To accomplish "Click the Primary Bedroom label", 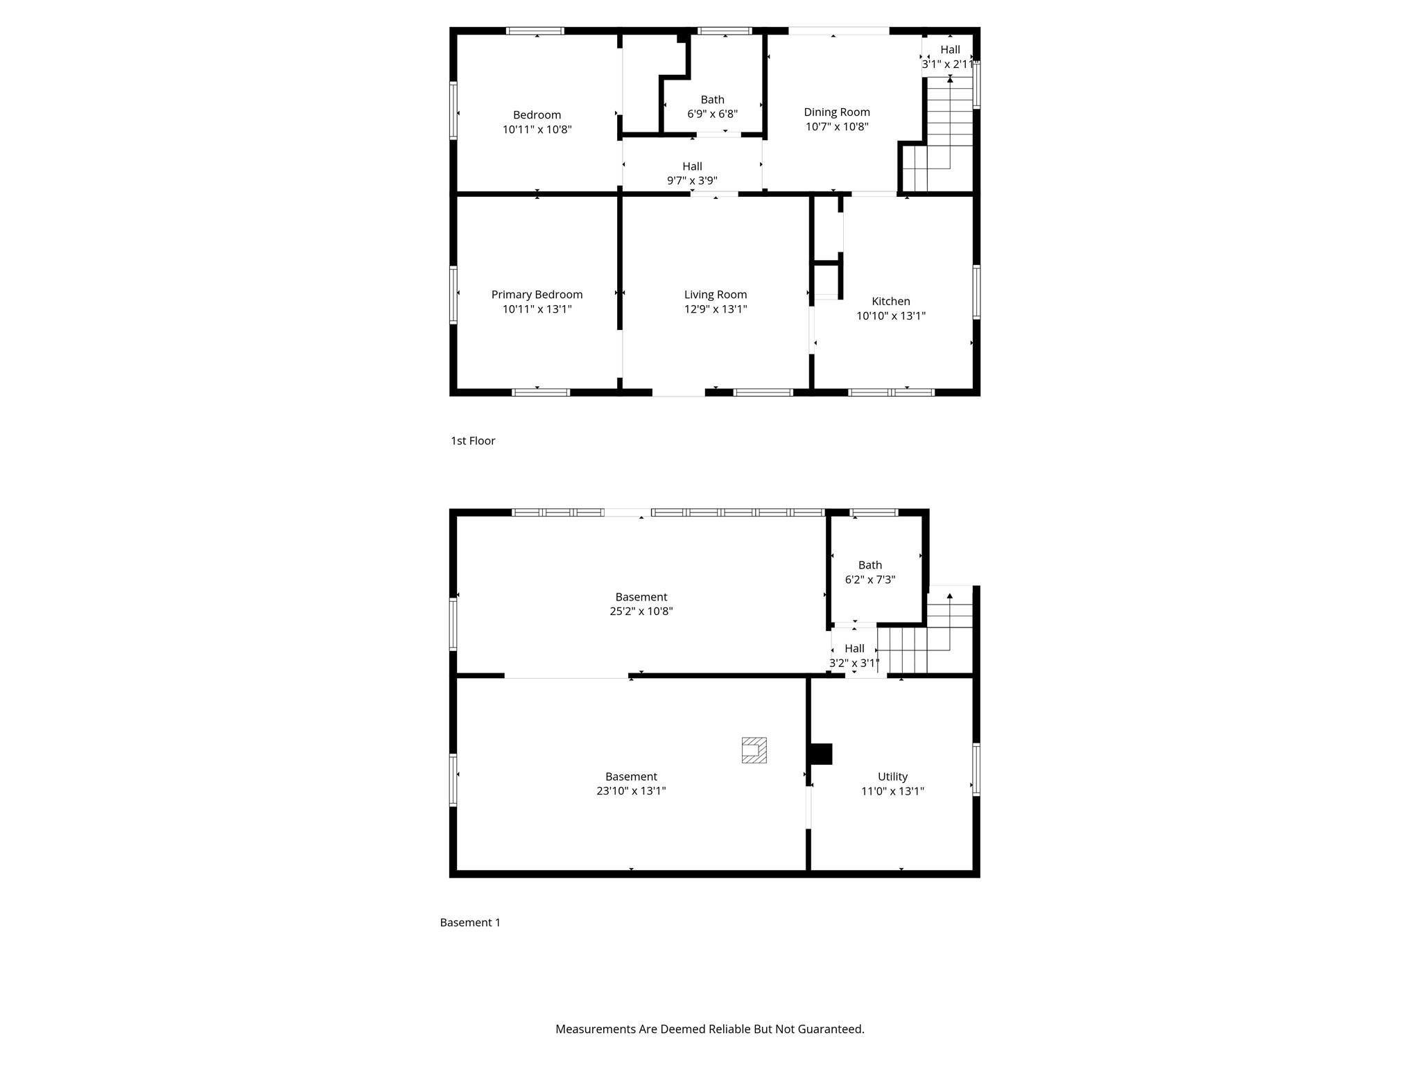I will pyautogui.click(x=537, y=295).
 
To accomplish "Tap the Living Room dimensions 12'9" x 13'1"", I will pyautogui.click(x=715, y=309).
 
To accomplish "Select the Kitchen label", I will pyautogui.click(x=890, y=301).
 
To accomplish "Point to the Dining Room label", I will pyautogui.click(x=836, y=112).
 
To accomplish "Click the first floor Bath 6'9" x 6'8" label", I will pyautogui.click(x=712, y=107).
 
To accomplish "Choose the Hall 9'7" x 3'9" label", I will pyautogui.click(x=692, y=173).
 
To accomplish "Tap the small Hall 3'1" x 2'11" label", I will pyautogui.click(x=950, y=56).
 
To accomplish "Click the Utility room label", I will pyautogui.click(x=892, y=777).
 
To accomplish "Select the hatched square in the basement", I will pyautogui.click(x=754, y=750).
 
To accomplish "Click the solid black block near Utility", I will pyautogui.click(x=821, y=754).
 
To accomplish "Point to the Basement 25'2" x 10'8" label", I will pyautogui.click(x=641, y=604).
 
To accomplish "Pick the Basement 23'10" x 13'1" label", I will pyautogui.click(x=630, y=783).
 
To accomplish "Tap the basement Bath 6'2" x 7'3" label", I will pyautogui.click(x=869, y=572).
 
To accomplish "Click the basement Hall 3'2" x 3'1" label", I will pyautogui.click(x=854, y=655).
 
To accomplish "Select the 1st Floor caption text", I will pyautogui.click(x=473, y=441).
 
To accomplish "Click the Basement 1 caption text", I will pyautogui.click(x=470, y=922).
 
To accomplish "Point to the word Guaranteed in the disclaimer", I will pyautogui.click(x=830, y=1029).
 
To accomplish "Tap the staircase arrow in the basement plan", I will pyautogui.click(x=949, y=596).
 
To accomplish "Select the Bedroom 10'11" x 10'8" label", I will pyautogui.click(x=537, y=122).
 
